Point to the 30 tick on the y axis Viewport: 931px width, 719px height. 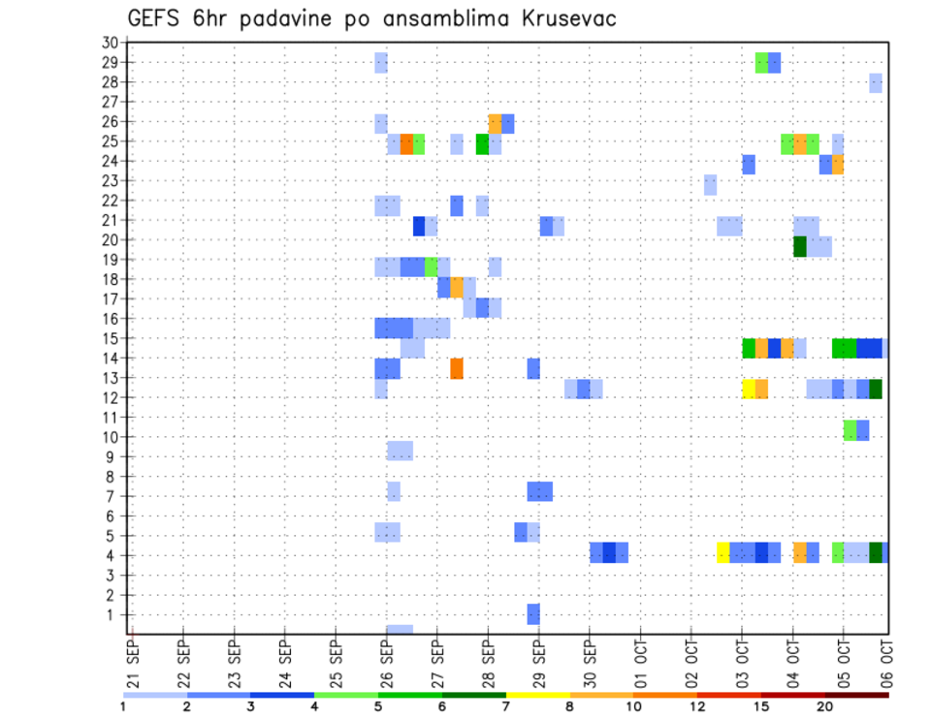coord(110,43)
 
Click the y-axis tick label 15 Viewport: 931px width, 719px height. coord(110,338)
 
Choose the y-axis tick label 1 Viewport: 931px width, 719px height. coord(113,614)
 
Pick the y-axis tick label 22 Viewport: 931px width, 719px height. coord(110,200)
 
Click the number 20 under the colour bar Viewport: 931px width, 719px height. coord(824,706)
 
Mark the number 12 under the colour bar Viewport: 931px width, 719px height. coord(697,706)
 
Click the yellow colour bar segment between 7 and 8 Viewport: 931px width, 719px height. coord(537,695)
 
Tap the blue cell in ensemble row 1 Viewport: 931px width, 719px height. coord(533,614)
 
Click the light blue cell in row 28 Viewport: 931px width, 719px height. coord(876,83)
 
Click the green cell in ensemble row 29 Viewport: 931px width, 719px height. coord(761,63)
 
